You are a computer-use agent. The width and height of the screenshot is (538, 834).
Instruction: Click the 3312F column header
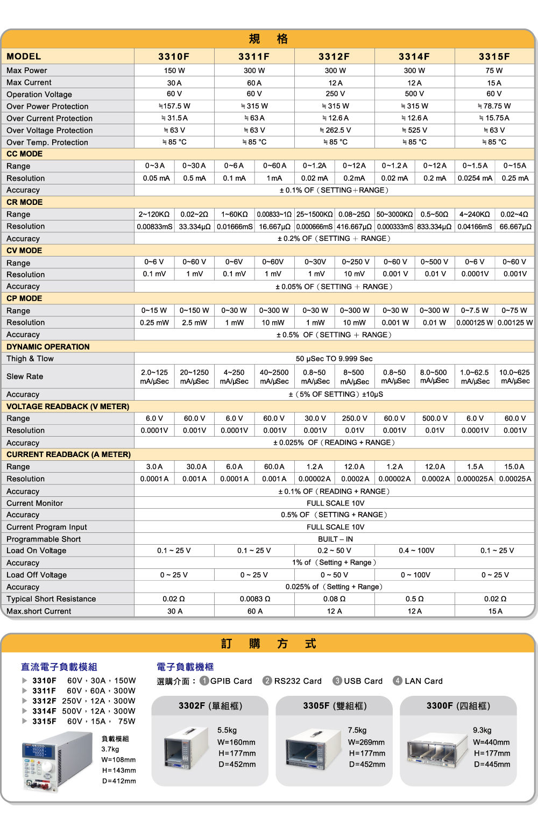click(334, 56)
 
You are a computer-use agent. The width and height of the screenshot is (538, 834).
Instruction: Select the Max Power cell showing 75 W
click(494, 70)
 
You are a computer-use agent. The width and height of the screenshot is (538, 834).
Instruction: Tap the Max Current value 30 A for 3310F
click(174, 83)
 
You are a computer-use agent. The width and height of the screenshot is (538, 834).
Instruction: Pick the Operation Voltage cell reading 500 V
click(414, 94)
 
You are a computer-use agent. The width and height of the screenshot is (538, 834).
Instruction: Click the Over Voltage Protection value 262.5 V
click(335, 130)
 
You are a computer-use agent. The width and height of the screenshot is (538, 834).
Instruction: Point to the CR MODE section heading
click(25, 202)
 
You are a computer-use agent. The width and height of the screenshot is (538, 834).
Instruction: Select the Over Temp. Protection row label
click(47, 142)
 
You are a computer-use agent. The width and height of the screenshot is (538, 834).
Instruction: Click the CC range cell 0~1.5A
click(475, 166)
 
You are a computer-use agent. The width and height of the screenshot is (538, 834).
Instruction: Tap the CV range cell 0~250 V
click(355, 262)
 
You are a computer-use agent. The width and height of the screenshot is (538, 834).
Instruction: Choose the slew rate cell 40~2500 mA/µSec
click(274, 376)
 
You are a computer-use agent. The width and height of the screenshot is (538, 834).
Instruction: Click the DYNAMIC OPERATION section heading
click(48, 347)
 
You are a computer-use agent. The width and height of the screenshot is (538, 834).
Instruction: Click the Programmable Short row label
click(44, 539)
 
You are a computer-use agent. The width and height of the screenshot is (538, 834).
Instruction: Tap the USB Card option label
click(363, 681)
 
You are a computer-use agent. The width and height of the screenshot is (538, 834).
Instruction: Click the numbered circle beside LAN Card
click(398, 681)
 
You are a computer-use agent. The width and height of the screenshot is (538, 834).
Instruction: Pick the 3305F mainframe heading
click(335, 705)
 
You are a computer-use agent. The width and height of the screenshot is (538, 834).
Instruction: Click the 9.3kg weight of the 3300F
click(482, 730)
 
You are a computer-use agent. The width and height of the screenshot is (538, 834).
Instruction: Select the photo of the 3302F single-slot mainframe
click(186, 748)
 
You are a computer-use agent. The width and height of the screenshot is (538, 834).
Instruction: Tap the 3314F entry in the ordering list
click(44, 711)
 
